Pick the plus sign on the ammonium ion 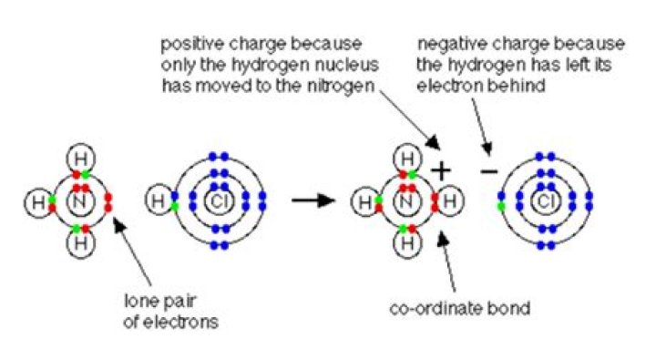pos(441,170)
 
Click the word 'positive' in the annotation pos(187,43)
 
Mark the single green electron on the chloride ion pos(500,207)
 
